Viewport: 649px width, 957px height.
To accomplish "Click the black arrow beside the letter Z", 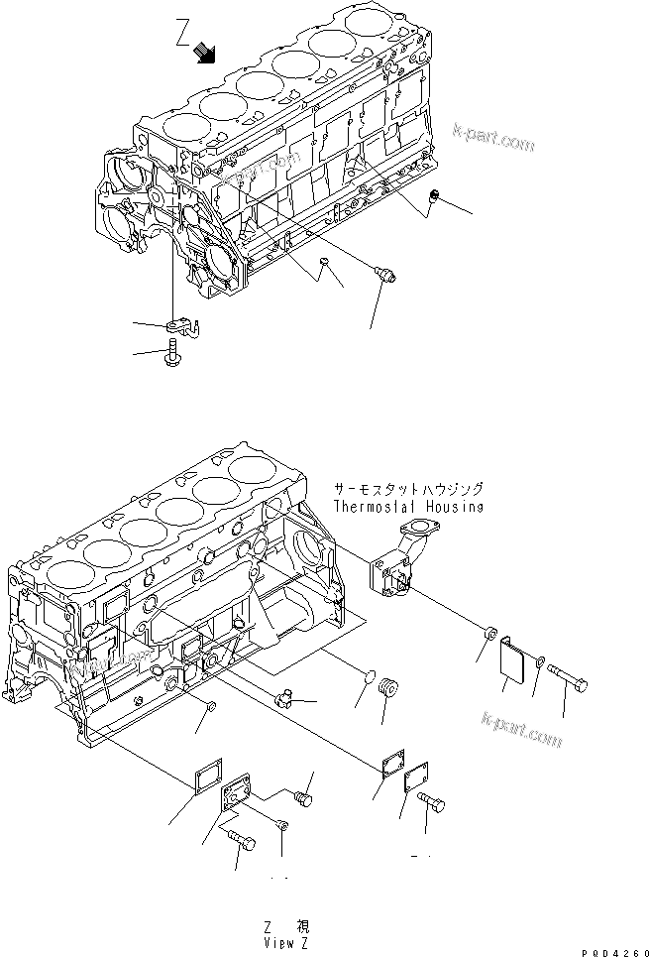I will (207, 52).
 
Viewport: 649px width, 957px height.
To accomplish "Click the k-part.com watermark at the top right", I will (492, 136).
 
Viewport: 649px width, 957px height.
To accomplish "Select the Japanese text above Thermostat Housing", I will (409, 489).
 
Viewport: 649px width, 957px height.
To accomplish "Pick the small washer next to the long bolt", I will (540, 660).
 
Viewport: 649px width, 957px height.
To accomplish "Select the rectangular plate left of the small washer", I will (513, 658).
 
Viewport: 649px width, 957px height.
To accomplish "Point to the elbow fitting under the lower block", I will (287, 701).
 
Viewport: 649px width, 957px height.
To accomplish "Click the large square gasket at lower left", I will (209, 774).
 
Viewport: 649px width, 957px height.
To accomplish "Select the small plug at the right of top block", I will (433, 201).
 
